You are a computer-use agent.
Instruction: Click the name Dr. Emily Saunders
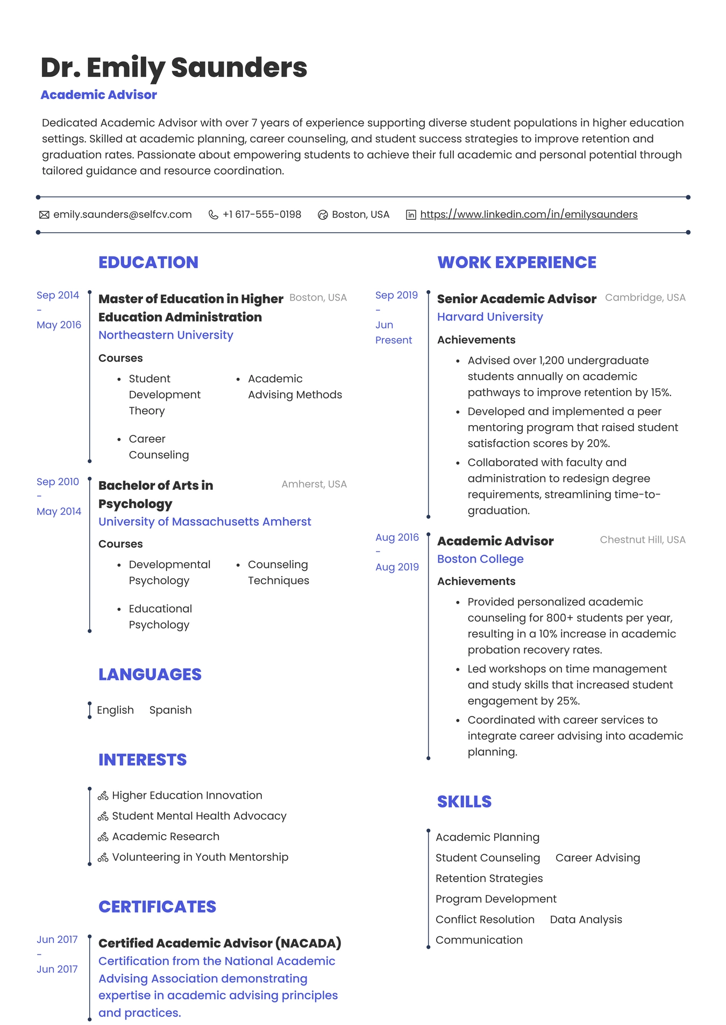174,68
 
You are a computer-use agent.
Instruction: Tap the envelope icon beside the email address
44,215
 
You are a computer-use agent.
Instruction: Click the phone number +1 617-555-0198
262,214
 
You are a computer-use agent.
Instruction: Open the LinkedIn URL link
529,214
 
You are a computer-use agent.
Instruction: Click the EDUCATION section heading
148,262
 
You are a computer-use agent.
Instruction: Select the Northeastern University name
166,335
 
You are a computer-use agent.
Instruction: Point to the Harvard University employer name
490,317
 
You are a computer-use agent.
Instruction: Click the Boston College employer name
480,559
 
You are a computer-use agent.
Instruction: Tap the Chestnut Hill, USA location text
643,540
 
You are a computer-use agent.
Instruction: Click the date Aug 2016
397,537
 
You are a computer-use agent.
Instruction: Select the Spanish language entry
170,710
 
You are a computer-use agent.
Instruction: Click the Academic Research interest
166,836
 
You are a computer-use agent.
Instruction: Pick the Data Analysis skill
586,920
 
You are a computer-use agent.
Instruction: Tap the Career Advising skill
597,858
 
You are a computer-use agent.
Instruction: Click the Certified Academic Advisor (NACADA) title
219,943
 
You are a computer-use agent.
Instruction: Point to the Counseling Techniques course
278,572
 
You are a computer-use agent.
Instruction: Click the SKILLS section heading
464,801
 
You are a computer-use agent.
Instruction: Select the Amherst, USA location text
314,484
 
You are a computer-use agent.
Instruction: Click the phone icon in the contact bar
213,215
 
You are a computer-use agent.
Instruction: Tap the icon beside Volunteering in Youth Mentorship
103,858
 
